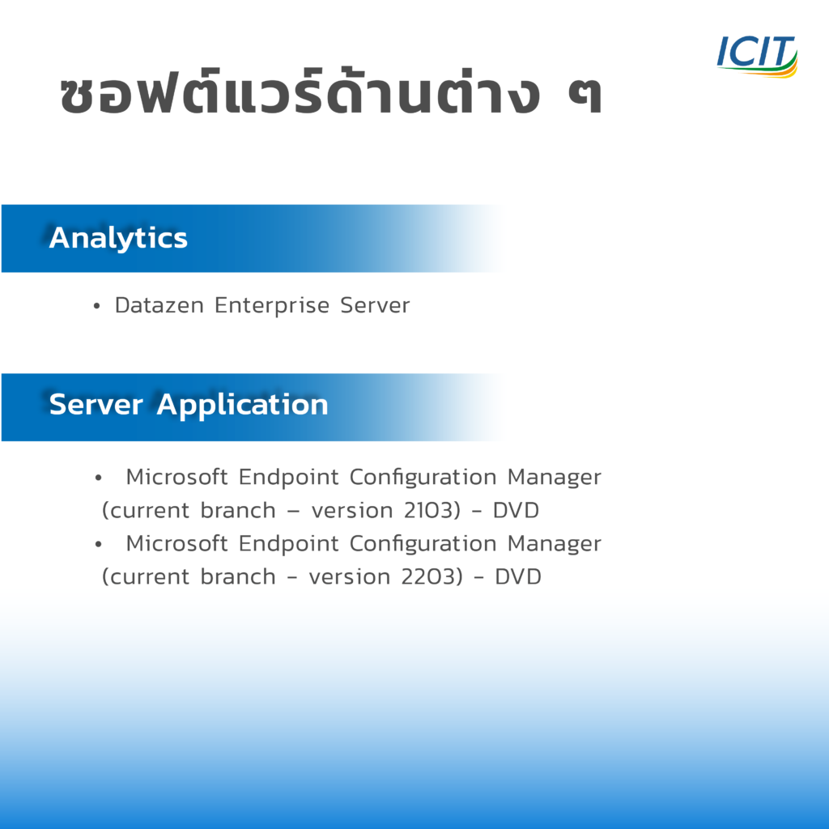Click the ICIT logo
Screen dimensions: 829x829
pos(757,56)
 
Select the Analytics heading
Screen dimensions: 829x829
pos(118,238)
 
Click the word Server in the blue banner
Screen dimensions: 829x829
pos(96,405)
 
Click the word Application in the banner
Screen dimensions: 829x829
pos(242,406)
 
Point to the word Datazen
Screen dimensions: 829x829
pos(159,305)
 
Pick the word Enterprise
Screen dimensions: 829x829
pos(272,305)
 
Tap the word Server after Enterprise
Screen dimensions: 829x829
pos(375,305)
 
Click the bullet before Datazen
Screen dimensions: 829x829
pos(96,306)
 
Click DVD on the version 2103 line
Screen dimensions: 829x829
pos(516,510)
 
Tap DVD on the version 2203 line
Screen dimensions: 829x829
pos(518,576)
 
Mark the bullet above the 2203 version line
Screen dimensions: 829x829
pos(98,544)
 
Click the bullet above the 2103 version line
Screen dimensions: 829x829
pos(98,478)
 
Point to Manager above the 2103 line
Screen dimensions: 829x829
pos(554,478)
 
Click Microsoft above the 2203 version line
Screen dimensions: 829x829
pos(176,543)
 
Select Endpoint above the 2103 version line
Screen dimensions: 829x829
pos(288,478)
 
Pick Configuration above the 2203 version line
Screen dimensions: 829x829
pos(423,544)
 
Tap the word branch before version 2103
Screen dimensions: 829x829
pos(238,510)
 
